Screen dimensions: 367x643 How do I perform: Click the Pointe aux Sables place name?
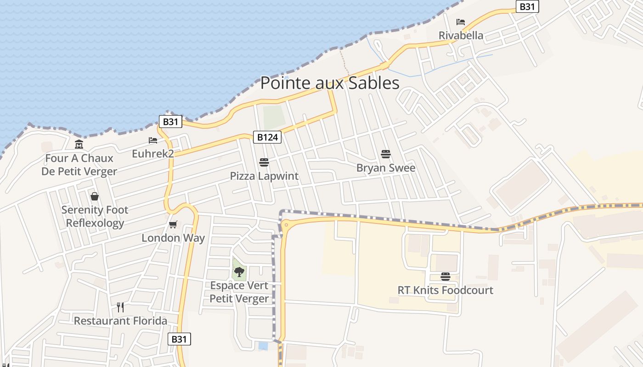click(330, 83)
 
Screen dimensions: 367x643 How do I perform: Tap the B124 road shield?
click(267, 137)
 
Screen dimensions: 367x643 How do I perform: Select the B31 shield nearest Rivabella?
click(527, 7)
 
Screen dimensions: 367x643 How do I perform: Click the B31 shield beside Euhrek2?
click(170, 122)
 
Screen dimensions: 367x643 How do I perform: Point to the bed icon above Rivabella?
click(461, 22)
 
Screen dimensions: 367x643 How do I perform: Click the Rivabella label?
click(461, 35)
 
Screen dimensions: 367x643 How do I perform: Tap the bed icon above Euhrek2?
click(153, 140)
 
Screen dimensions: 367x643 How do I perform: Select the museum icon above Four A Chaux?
click(79, 145)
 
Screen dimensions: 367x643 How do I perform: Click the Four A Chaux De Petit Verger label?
click(79, 165)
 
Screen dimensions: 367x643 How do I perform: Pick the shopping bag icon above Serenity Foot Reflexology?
click(95, 196)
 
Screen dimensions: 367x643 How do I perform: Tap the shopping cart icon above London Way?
click(173, 224)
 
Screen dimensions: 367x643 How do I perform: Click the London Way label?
click(173, 238)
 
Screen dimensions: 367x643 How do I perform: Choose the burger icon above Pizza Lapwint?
click(264, 162)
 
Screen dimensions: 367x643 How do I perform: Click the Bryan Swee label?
click(386, 167)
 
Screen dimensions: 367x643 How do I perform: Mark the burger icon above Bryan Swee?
click(386, 154)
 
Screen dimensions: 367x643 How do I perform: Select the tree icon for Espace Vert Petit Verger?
click(239, 272)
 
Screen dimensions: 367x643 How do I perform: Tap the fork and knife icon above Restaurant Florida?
click(120, 307)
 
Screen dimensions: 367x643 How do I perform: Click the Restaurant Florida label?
click(120, 321)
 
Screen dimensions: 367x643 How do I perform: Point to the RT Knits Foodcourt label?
click(446, 290)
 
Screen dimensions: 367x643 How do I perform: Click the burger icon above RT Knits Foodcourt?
click(446, 277)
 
